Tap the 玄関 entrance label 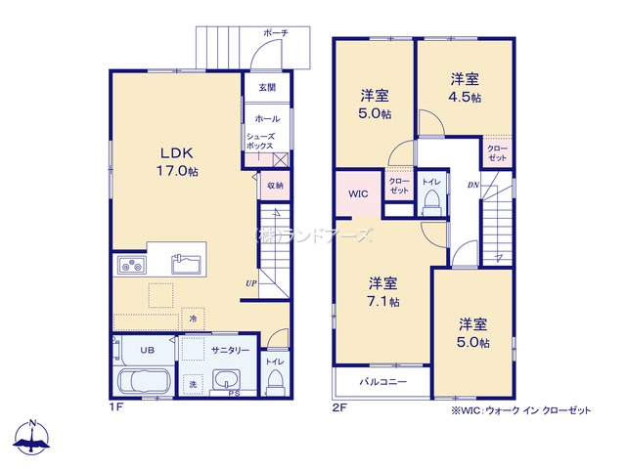click(x=267, y=87)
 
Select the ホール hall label click(x=267, y=118)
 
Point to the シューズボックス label click(x=260, y=141)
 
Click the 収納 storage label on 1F click(x=275, y=185)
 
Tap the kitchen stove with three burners click(x=131, y=265)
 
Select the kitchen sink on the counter click(x=186, y=263)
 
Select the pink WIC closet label click(x=358, y=193)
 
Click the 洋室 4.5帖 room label click(x=465, y=87)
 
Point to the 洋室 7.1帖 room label click(x=382, y=292)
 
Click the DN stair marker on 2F click(x=472, y=185)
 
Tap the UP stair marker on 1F click(x=251, y=283)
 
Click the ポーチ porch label click(x=275, y=32)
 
